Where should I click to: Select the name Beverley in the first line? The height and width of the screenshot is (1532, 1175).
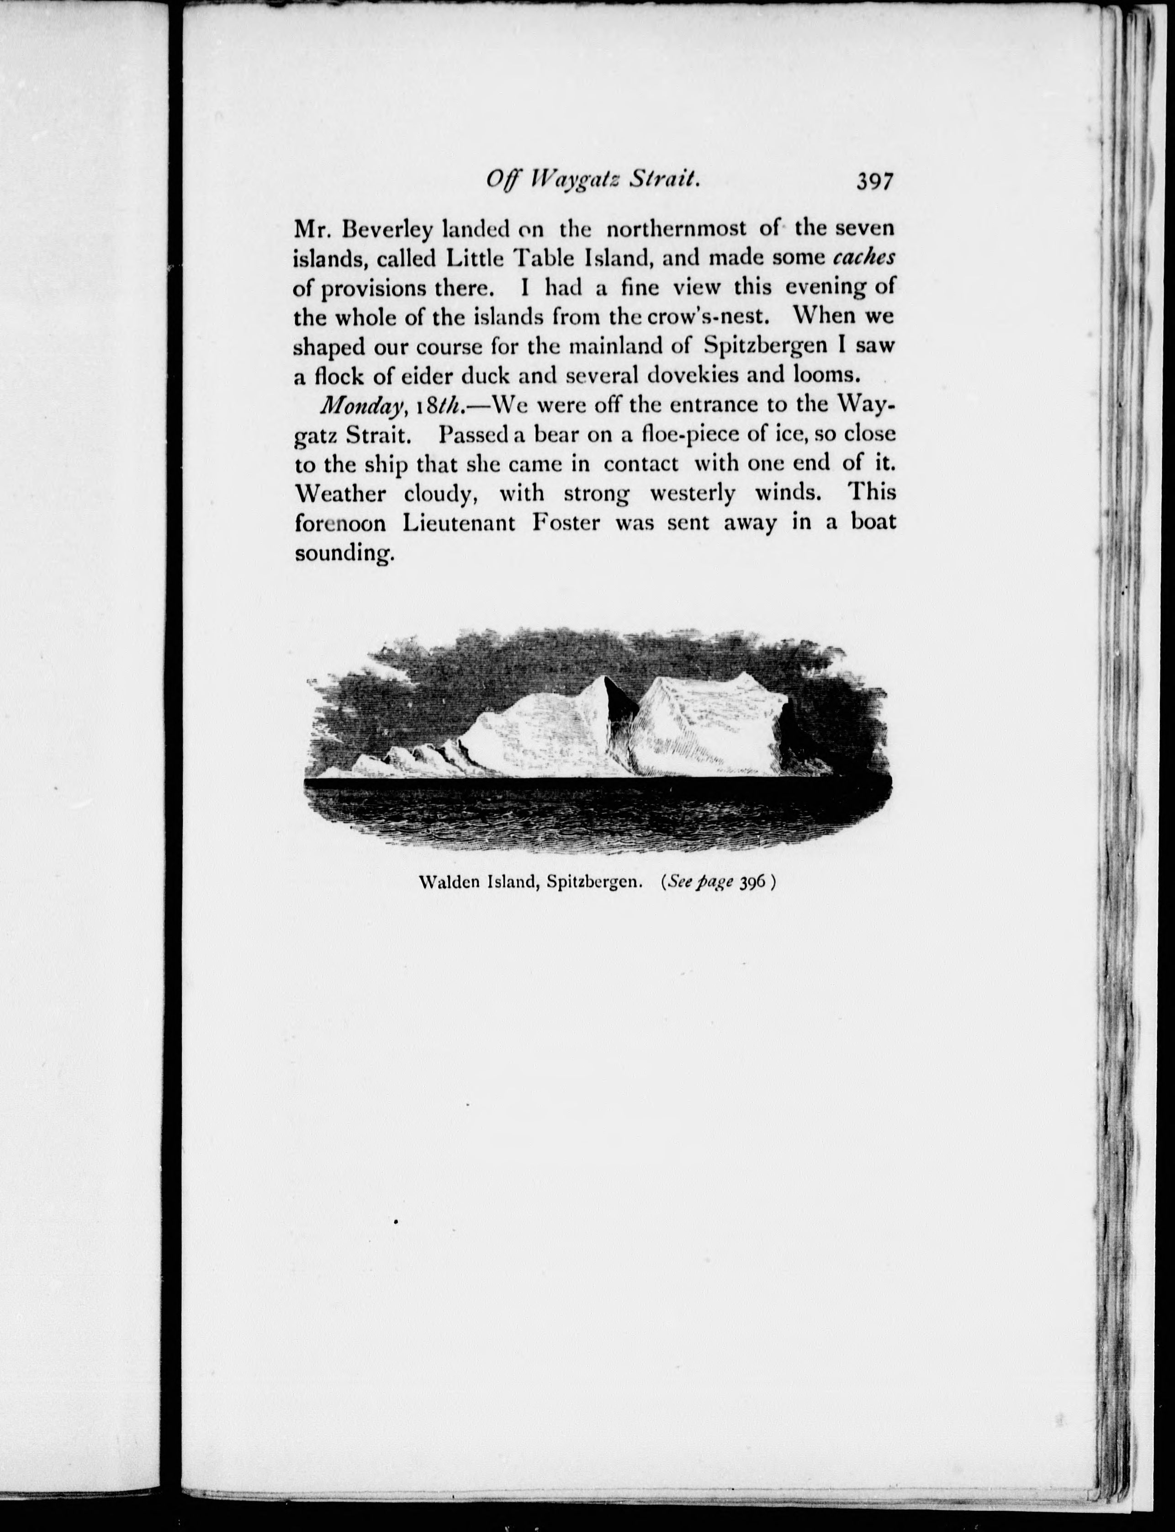tap(378, 229)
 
